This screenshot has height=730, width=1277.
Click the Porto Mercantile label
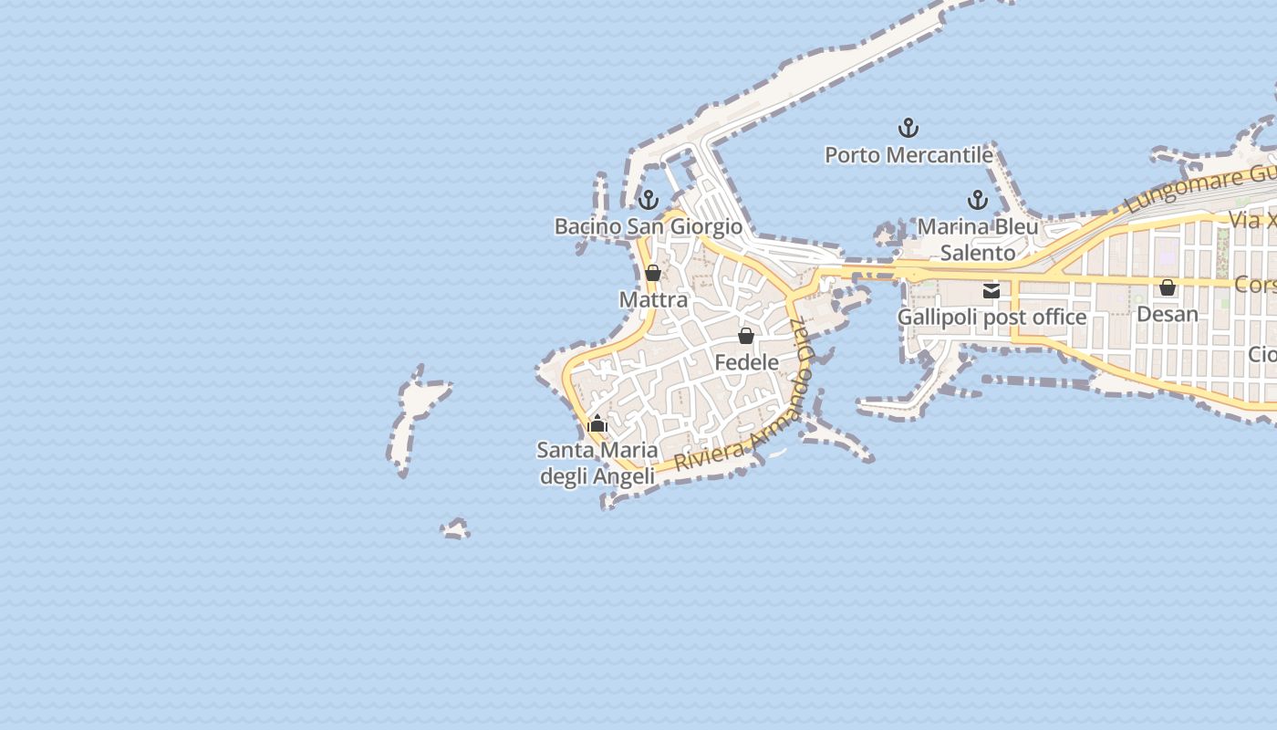pyautogui.click(x=908, y=155)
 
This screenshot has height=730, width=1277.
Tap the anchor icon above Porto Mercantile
pyautogui.click(x=908, y=128)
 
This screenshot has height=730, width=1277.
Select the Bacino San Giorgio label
pyautogui.click(x=648, y=226)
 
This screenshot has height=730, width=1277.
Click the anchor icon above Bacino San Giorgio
pyautogui.click(x=648, y=199)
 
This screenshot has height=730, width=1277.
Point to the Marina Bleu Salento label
pyautogui.click(x=978, y=239)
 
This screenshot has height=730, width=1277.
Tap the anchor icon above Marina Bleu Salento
pyautogui.click(x=978, y=200)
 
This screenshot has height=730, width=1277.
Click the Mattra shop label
pyautogui.click(x=653, y=299)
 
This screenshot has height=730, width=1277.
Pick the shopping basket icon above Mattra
pyautogui.click(x=653, y=273)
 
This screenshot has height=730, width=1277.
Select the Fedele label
pyautogui.click(x=746, y=362)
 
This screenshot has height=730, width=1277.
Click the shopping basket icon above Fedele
pyautogui.click(x=746, y=336)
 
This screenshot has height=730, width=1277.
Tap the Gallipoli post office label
pyautogui.click(x=991, y=318)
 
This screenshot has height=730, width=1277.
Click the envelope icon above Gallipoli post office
pyautogui.click(x=991, y=291)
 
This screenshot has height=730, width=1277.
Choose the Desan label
pyautogui.click(x=1168, y=314)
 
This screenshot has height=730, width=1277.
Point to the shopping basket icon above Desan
pyautogui.click(x=1168, y=287)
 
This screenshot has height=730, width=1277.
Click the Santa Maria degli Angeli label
pyautogui.click(x=597, y=463)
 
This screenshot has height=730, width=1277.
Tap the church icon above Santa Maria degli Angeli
pyautogui.click(x=597, y=423)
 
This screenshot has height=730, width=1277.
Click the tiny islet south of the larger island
pyautogui.click(x=455, y=528)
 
